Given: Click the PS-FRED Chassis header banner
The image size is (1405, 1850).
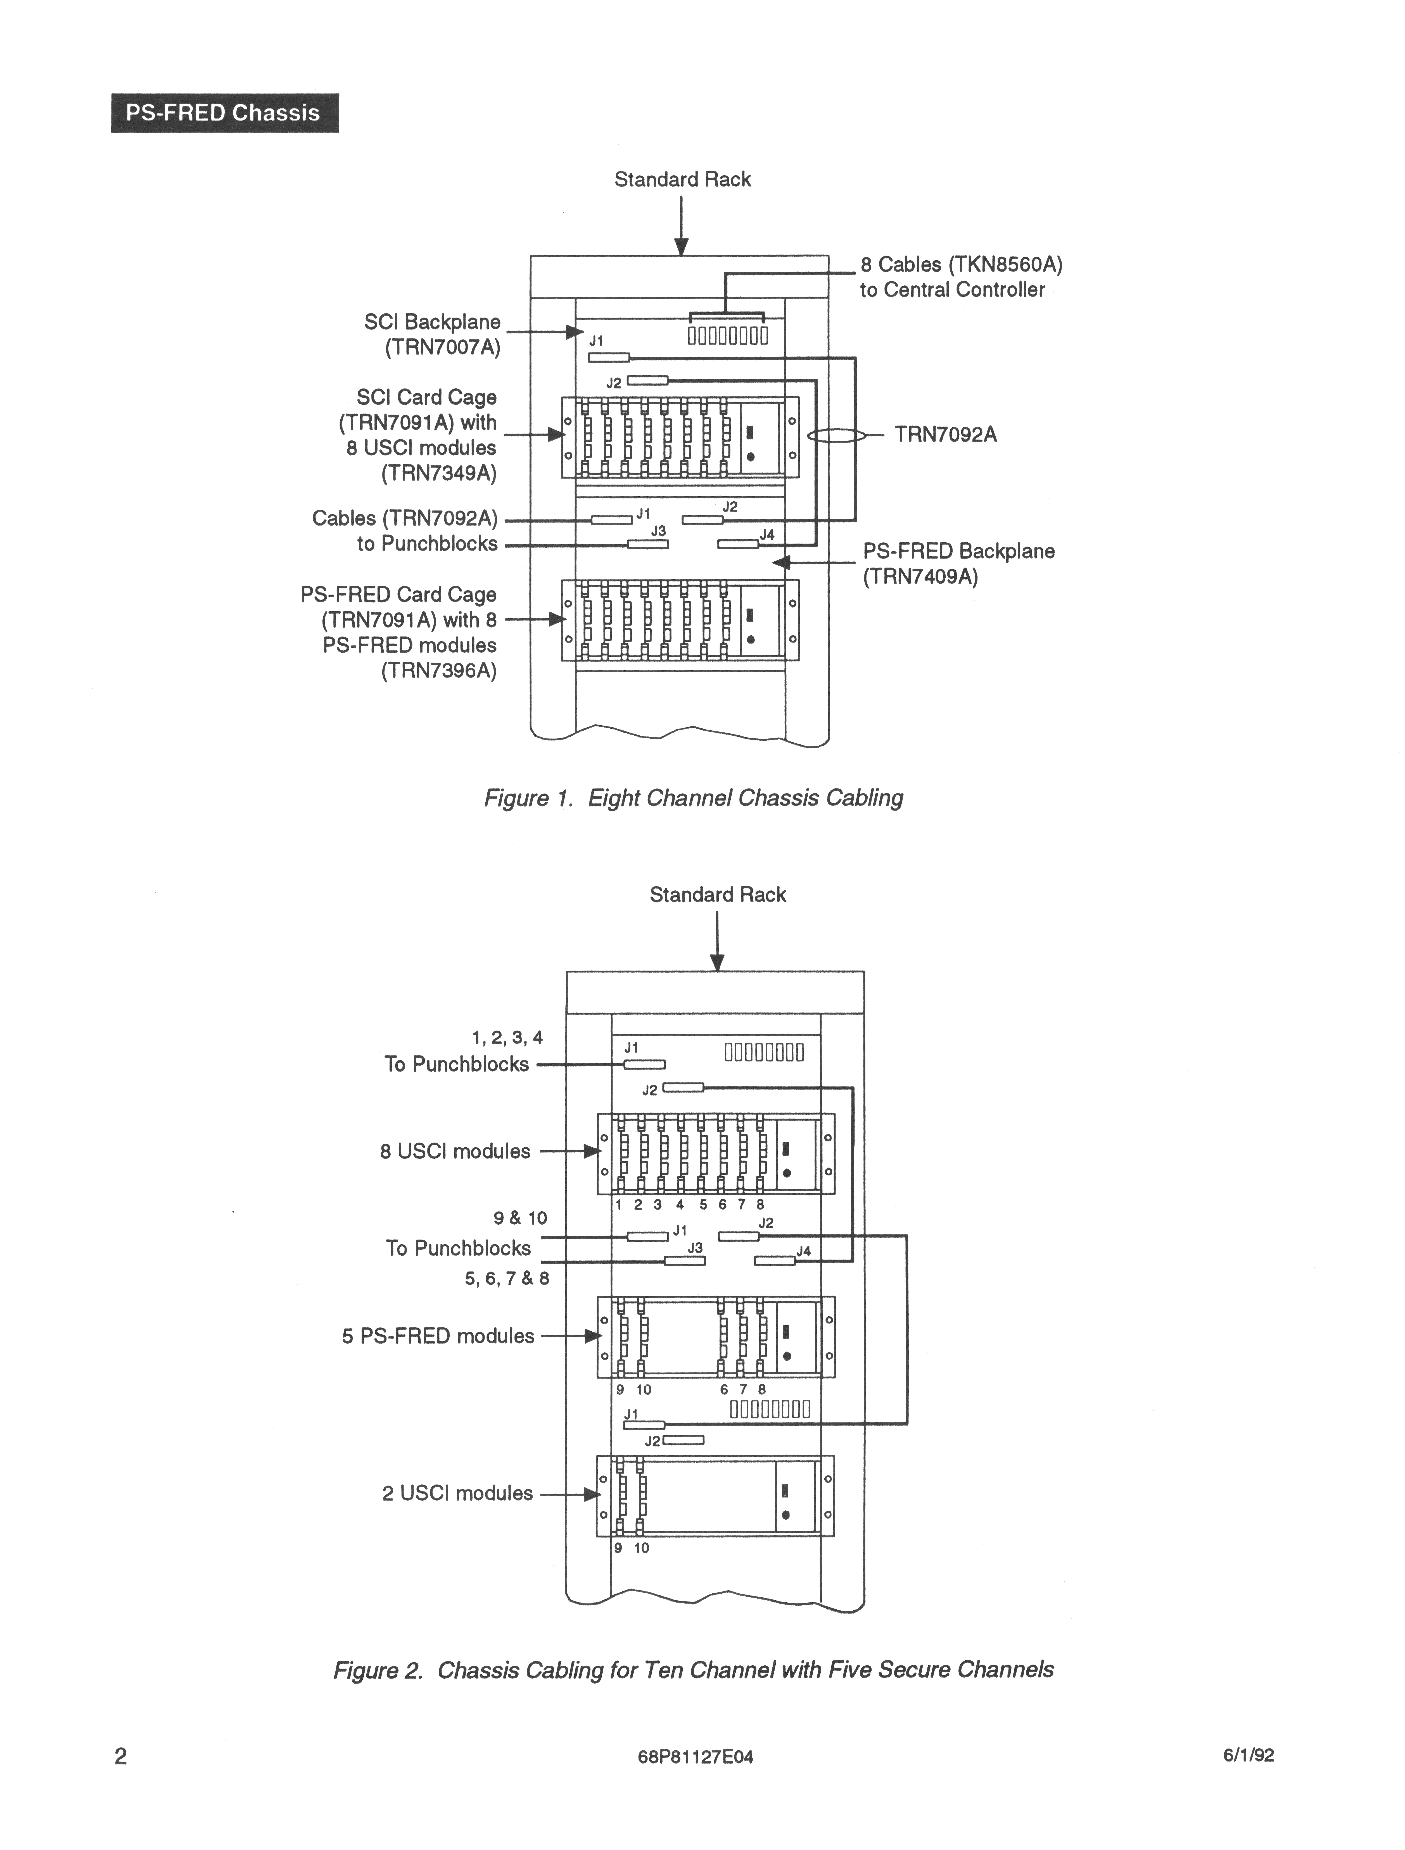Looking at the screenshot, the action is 224,113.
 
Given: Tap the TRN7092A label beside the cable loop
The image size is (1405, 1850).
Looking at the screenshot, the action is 946,435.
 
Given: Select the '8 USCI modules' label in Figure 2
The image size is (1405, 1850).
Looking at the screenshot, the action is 455,1152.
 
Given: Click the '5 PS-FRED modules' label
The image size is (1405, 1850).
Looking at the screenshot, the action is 438,1336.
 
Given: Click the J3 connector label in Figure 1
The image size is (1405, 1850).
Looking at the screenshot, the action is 659,531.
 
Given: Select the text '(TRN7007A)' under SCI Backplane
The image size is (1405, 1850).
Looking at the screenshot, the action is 443,347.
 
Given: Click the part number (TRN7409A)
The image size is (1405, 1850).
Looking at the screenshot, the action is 920,577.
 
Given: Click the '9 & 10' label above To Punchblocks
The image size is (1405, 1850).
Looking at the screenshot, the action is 521,1218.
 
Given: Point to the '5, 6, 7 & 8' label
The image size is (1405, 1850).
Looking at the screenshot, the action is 507,1279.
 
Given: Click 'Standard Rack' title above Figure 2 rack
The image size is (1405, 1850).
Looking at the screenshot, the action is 718,895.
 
